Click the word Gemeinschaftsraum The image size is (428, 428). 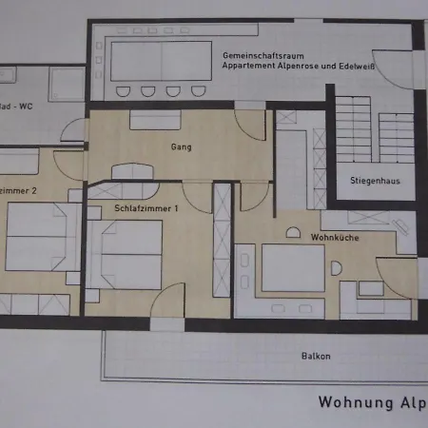[255, 56]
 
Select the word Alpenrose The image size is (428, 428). [307, 68]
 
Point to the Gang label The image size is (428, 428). [181, 147]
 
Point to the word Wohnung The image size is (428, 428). [351, 402]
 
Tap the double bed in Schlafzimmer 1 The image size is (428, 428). [131, 254]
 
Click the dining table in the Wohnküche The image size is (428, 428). [293, 268]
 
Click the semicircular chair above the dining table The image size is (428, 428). [293, 232]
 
